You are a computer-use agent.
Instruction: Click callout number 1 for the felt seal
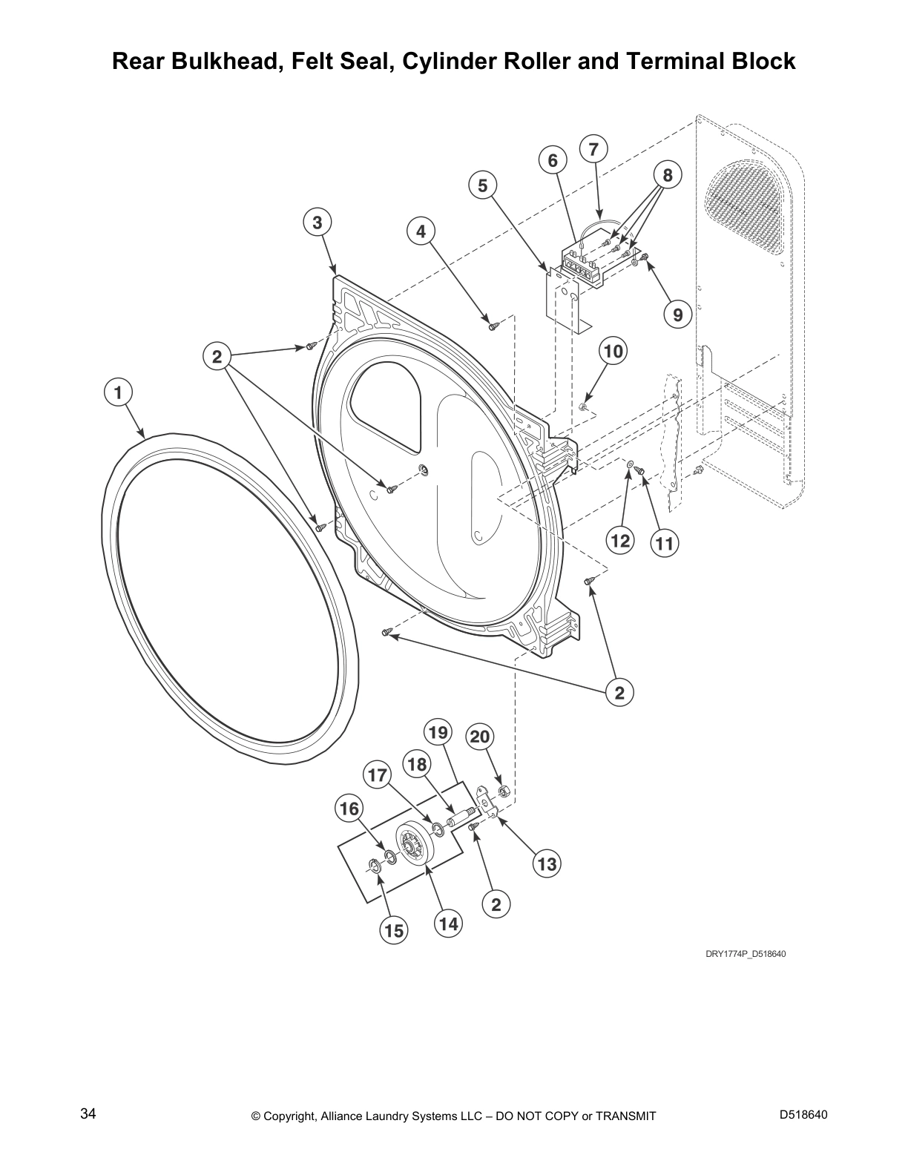(x=117, y=392)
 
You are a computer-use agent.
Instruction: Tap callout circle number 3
(x=317, y=223)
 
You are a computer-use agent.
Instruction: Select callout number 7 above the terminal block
(x=593, y=149)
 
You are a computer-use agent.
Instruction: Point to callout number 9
(x=677, y=315)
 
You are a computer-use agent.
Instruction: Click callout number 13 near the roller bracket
(x=547, y=863)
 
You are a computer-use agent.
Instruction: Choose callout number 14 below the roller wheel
(x=447, y=924)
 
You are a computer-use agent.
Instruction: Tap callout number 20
(x=480, y=737)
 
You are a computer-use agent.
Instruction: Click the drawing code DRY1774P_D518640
(x=745, y=953)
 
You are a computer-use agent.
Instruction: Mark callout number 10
(x=613, y=350)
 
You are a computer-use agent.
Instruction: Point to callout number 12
(x=619, y=540)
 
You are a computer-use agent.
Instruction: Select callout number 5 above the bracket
(x=483, y=185)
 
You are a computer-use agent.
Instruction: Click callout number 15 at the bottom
(x=395, y=930)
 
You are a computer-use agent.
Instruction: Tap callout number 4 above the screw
(x=421, y=232)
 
